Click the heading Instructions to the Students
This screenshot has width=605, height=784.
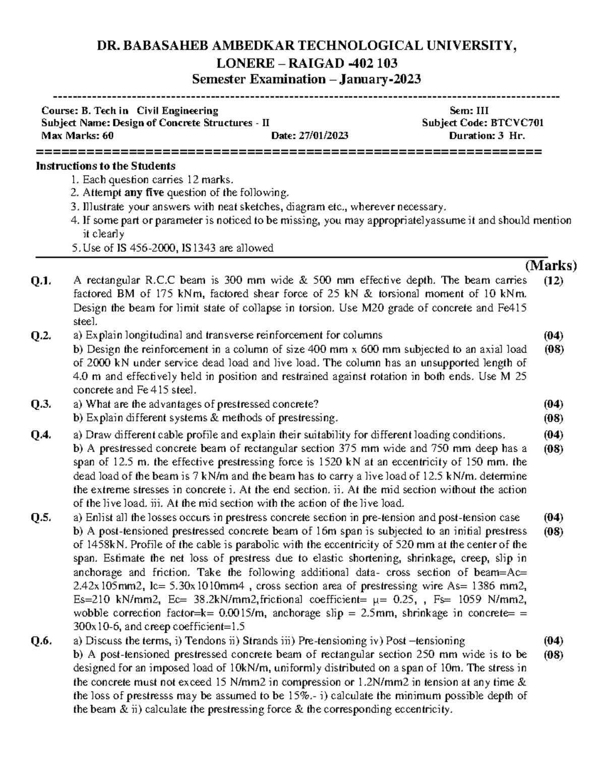(105, 166)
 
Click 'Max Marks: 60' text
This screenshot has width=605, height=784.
(77, 136)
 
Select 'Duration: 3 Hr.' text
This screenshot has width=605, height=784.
(487, 136)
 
